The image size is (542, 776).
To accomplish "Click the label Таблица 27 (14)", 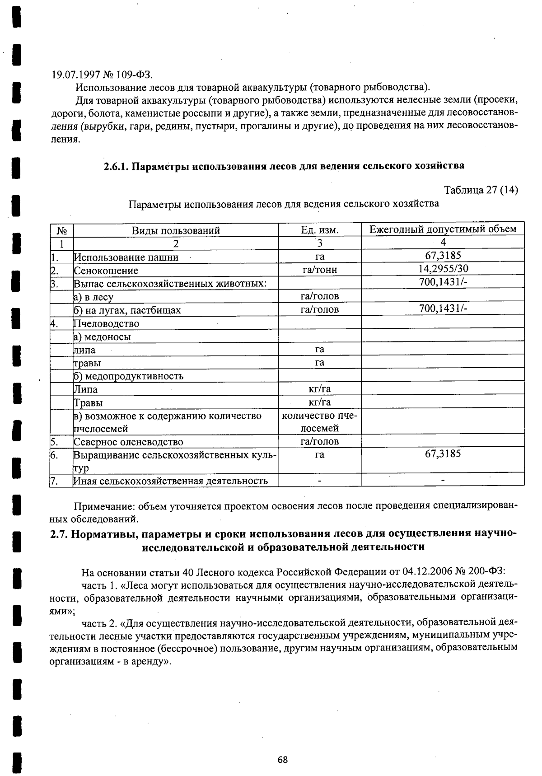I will pyautogui.click(x=481, y=190).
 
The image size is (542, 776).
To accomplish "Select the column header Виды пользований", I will pyautogui.click(x=176, y=230).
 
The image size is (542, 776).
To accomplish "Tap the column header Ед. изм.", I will pyautogui.click(x=320, y=230).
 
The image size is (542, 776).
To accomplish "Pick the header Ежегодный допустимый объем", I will pyautogui.click(x=443, y=229).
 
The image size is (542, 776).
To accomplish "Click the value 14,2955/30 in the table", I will pyautogui.click(x=443, y=269).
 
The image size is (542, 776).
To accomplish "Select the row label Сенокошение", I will pyautogui.click(x=106, y=271).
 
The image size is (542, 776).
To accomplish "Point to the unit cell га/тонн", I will pyautogui.click(x=320, y=270).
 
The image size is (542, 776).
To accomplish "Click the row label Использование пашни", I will pyautogui.click(x=126, y=257).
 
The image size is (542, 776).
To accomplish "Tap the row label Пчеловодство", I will pyautogui.click(x=106, y=323).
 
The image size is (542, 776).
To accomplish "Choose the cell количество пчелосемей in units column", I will pyautogui.click(x=320, y=422).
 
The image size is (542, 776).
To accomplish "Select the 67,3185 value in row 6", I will pyautogui.click(x=443, y=454).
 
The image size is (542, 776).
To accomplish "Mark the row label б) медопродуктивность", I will pyautogui.click(x=128, y=376).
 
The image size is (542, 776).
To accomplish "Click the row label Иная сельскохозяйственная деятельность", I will pyautogui.click(x=171, y=481).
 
